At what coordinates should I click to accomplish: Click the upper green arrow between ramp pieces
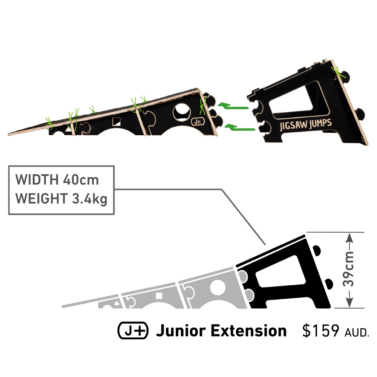tap(233, 106)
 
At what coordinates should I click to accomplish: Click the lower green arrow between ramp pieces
tap(239, 127)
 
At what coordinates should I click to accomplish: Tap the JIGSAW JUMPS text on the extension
tap(306, 125)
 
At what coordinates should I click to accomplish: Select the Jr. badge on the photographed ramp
tap(198, 122)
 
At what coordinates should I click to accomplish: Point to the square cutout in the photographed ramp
tap(116, 121)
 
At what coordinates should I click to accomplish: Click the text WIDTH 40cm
tap(57, 179)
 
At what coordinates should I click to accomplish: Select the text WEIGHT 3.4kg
tap(61, 199)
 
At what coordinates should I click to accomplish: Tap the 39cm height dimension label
tap(348, 269)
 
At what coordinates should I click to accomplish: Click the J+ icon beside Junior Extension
tap(133, 330)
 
